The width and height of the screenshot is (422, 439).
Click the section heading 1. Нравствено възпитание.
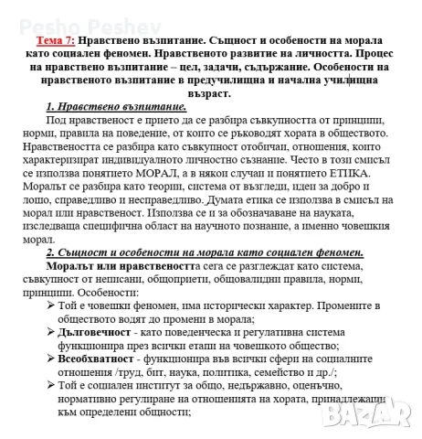[109, 107]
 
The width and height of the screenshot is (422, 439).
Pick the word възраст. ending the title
[211, 93]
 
